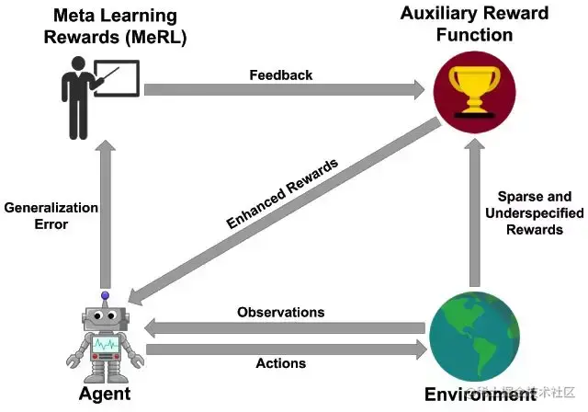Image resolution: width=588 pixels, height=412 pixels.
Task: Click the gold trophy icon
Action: pos(473,88)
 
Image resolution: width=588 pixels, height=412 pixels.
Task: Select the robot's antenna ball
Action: pos(105,296)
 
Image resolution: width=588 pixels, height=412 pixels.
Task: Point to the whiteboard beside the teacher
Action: pos(116,80)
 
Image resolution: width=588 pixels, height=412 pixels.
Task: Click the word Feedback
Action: pos(280,74)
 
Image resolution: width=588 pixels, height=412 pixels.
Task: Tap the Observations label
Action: pos(280,312)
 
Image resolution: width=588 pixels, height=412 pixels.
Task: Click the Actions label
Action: pos(280,362)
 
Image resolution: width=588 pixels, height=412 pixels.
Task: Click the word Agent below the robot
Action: pos(103,394)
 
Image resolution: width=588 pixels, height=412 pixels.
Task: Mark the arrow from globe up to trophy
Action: pos(474,212)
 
